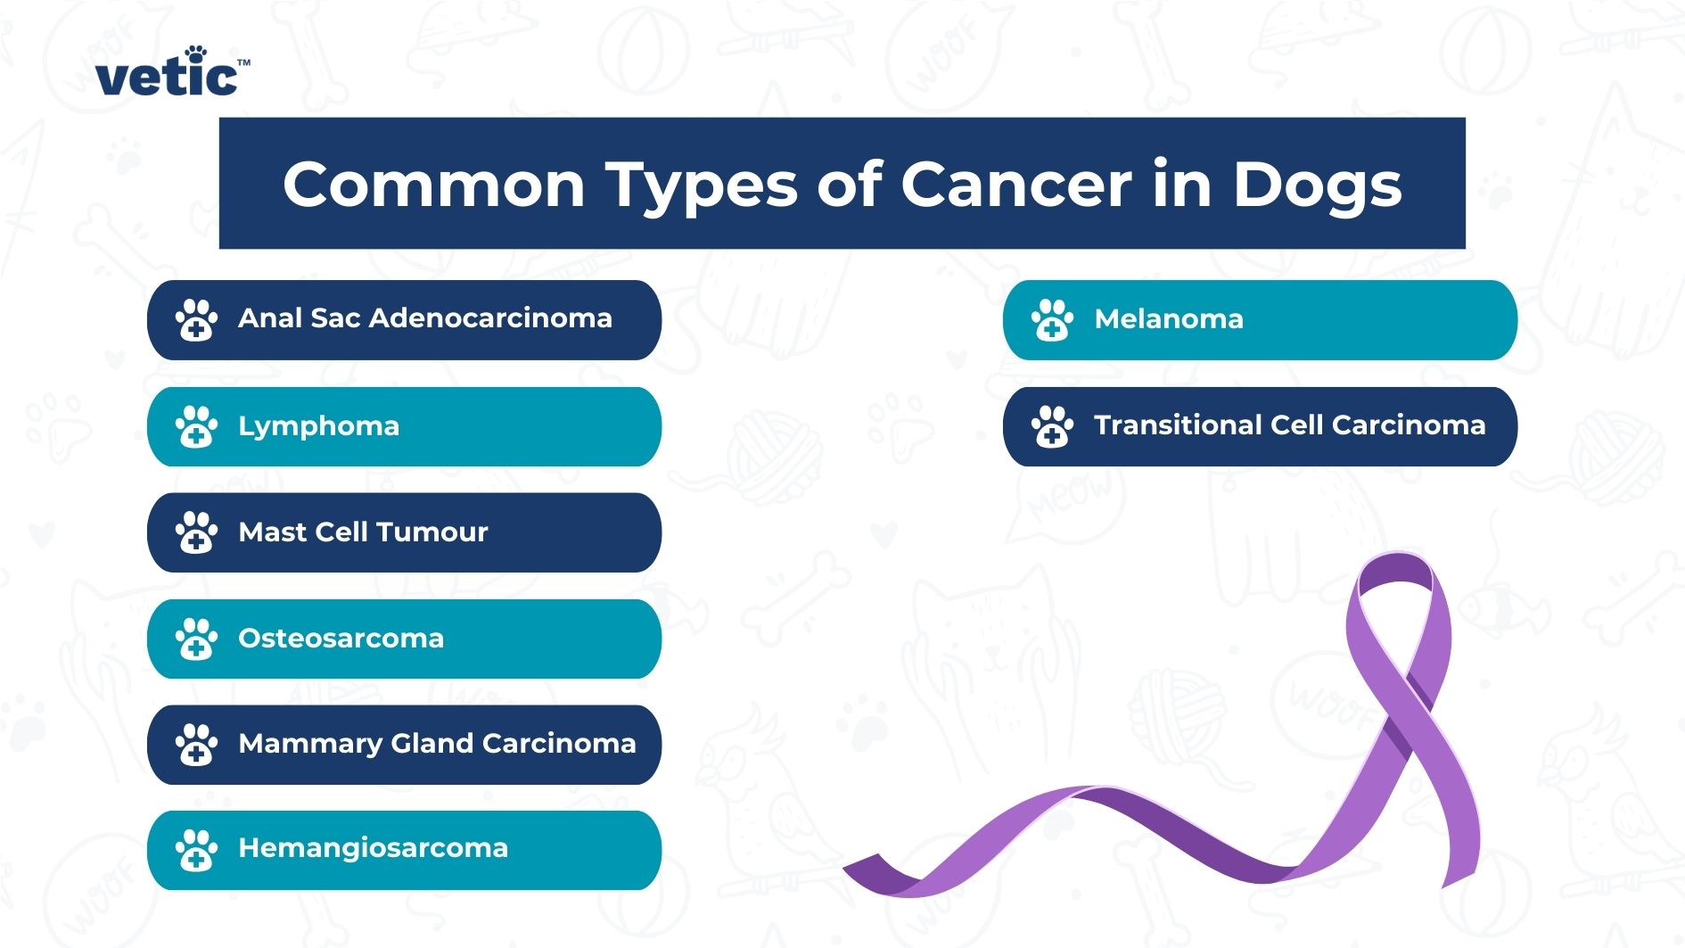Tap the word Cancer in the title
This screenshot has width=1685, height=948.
1015,185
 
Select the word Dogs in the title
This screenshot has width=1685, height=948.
1317,185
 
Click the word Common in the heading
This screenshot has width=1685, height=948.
433,185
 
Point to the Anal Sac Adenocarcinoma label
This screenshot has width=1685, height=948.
424,318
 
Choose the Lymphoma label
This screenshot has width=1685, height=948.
318,426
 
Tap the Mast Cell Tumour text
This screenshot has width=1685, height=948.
363,532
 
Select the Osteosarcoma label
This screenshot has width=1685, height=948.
341,639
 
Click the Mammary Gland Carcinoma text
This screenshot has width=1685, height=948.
437,744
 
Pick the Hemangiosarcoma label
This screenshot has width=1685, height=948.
373,848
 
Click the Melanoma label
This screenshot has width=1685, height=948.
1168,319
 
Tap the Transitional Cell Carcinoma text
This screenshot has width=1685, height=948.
1289,425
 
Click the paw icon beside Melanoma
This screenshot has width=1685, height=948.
1052,320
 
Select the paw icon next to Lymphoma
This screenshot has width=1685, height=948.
196,426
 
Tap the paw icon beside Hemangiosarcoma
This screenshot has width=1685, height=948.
196,850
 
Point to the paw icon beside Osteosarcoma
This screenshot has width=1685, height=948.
196,639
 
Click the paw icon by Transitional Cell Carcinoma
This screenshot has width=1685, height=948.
1052,426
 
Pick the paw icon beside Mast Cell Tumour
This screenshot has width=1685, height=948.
196,532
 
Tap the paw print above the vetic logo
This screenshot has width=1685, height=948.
196,54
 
